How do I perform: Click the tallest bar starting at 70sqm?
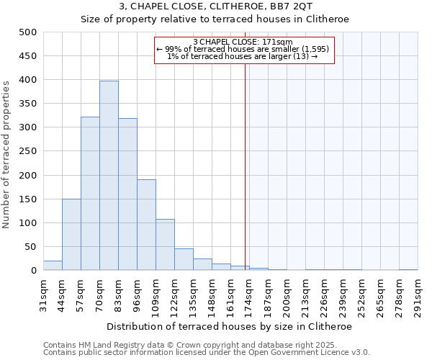[x=109, y=176]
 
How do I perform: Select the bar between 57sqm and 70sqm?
[x=90, y=194]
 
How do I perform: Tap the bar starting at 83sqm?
[x=127, y=194]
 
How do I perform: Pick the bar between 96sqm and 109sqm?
[x=146, y=225]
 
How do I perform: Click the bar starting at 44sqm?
[x=71, y=235]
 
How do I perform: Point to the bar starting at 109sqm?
[x=165, y=245]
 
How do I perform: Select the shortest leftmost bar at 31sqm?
[x=53, y=266]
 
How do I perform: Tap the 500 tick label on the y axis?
[x=28, y=32]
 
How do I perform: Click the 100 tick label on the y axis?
[x=28, y=223]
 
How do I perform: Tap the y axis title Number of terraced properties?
[x=6, y=155]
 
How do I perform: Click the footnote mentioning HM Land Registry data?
[x=205, y=345]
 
